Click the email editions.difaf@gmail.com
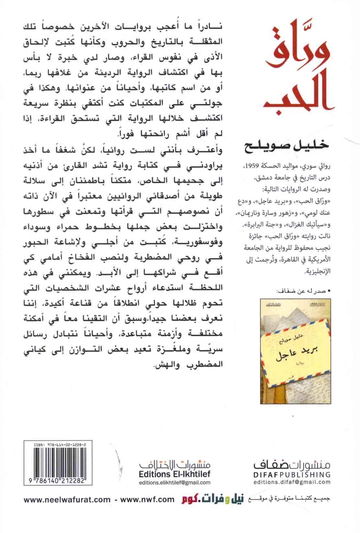point(292,482)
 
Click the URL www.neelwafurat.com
point(67,499)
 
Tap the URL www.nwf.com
point(147,499)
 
